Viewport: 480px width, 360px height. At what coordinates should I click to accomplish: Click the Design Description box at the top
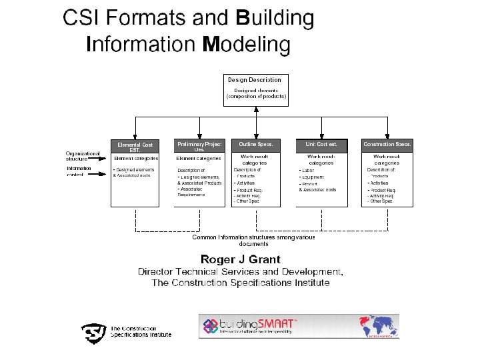pos(256,89)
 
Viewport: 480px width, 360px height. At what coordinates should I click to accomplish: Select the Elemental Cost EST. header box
pos(135,147)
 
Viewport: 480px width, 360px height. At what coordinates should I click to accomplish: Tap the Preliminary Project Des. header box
pos(199,147)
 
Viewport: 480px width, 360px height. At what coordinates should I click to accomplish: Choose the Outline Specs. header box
pos(255,144)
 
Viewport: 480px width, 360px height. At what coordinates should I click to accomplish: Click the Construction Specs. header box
pos(387,144)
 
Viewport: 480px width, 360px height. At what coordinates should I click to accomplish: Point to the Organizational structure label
pos(83,156)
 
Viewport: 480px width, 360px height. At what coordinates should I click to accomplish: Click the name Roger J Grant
pos(241,259)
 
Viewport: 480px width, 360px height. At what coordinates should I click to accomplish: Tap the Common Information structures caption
pos(253,240)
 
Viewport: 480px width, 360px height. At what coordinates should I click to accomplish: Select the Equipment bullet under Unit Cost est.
pos(312,177)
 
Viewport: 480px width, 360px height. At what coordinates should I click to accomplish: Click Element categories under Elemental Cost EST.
pos(136,159)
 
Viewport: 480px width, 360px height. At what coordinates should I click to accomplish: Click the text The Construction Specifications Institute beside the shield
pos(140,331)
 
